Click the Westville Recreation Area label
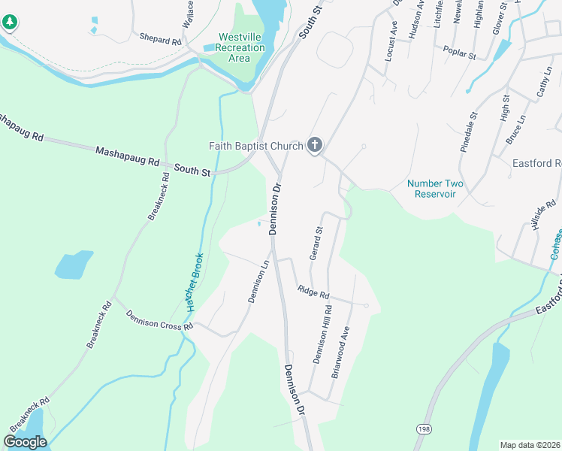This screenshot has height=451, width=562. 240,47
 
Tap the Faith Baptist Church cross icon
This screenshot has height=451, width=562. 315,145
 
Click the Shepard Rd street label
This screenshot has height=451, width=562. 160,38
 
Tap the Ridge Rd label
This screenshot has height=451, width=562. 313,291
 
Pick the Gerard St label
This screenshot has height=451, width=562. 316,244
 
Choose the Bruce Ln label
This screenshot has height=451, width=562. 515,129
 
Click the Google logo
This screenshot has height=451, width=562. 25,441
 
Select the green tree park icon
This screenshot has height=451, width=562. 9,23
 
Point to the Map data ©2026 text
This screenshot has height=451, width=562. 530,444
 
